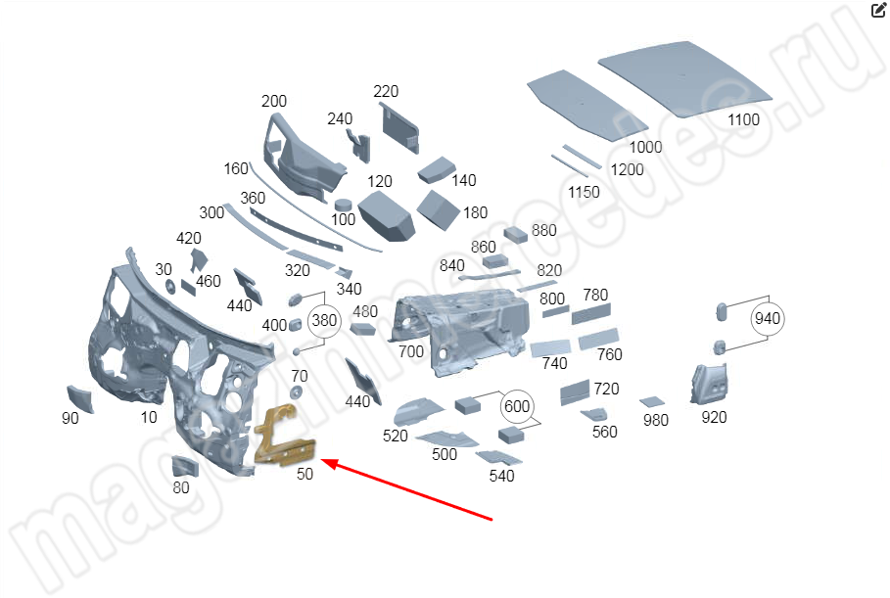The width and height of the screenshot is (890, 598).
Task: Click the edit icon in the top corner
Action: (878, 11)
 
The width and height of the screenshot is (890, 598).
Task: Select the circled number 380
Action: (323, 320)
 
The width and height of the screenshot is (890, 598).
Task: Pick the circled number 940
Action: (768, 318)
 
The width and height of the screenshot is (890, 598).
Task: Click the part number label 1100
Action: (743, 119)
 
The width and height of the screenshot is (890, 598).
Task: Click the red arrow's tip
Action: (324, 461)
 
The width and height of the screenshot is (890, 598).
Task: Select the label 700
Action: (411, 351)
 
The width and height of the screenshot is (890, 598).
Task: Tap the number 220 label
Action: (386, 92)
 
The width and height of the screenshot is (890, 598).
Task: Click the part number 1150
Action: (584, 192)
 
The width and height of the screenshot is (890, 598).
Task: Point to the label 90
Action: (70, 418)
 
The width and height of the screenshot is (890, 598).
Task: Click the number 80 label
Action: (181, 487)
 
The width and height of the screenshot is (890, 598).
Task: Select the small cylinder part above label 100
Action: (343, 204)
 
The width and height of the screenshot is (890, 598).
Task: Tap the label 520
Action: (396, 437)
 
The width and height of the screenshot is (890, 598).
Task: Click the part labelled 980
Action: (651, 401)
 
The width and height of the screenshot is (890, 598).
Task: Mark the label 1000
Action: (645, 147)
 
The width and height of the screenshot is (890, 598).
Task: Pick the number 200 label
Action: (274, 102)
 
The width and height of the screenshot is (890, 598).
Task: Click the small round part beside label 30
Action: (169, 286)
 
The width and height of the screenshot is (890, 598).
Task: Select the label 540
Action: (501, 477)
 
